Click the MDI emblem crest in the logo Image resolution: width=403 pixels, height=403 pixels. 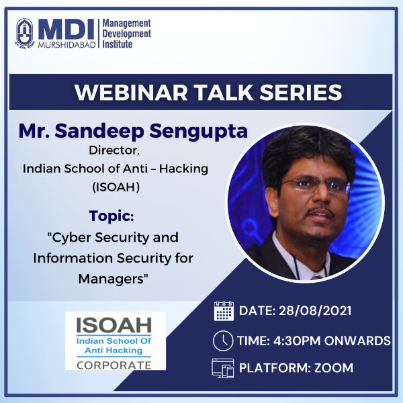tap(24, 34)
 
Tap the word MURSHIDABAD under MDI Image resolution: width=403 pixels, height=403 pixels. tap(66, 45)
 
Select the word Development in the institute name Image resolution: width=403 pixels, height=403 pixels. tap(127, 34)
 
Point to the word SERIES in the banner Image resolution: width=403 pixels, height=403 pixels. tap(301, 92)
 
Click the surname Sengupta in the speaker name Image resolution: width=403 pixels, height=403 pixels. tap(198, 132)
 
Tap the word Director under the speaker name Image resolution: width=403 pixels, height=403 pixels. tap(114, 150)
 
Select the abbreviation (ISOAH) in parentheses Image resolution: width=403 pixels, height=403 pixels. tap(116, 187)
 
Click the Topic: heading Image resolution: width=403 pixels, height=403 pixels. tap(111, 216)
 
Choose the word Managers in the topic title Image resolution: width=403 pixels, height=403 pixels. tap(114, 279)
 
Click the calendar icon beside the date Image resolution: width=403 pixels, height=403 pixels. tap(224, 311)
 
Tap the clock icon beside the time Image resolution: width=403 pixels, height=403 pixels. tap(223, 341)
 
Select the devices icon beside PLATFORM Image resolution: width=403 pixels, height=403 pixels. tap(223, 368)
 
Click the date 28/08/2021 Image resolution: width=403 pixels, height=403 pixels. tap(315, 311)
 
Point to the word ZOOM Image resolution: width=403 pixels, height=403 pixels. tap(334, 368)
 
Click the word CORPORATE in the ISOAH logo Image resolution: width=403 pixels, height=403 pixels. tap(114, 365)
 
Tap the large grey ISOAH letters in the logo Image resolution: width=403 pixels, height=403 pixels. tap(114, 325)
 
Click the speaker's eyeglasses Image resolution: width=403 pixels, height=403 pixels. tap(314, 184)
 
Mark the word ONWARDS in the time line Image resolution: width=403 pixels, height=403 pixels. tap(357, 341)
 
